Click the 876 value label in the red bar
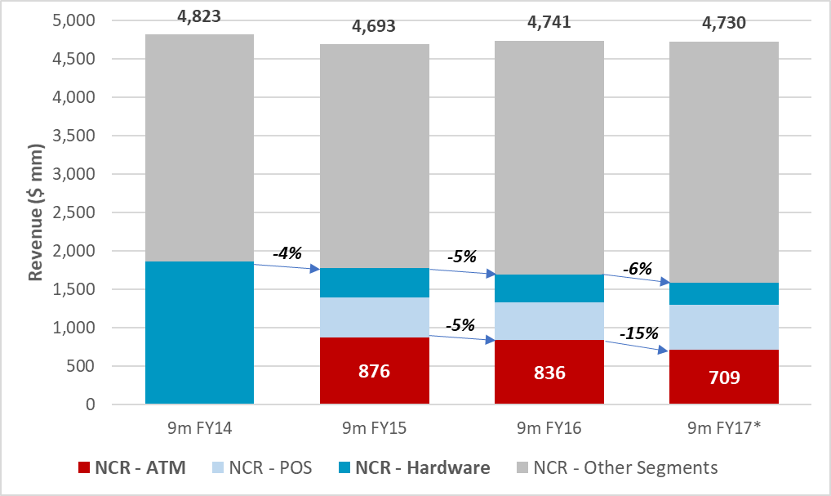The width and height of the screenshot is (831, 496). [x=374, y=372]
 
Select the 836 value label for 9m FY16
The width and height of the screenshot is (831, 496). [x=549, y=373]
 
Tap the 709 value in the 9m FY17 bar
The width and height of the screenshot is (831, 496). [x=723, y=378]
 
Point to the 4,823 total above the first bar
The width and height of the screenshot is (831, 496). [x=199, y=15]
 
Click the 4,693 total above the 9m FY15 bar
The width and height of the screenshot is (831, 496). [x=374, y=26]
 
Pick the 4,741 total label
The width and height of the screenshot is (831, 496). [x=549, y=22]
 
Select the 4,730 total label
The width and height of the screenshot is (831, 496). [x=723, y=23]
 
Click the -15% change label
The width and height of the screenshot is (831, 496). [x=638, y=333]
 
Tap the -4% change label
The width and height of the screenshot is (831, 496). [x=287, y=253]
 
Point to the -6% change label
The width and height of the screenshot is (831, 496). [x=637, y=268]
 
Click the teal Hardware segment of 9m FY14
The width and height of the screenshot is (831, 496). [x=199, y=333]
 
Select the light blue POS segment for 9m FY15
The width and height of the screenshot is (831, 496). [x=374, y=317]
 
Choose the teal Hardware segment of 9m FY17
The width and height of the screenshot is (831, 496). [x=723, y=293]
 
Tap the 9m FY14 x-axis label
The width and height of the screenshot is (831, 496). [x=199, y=427]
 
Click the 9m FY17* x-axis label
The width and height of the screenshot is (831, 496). [x=723, y=427]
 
